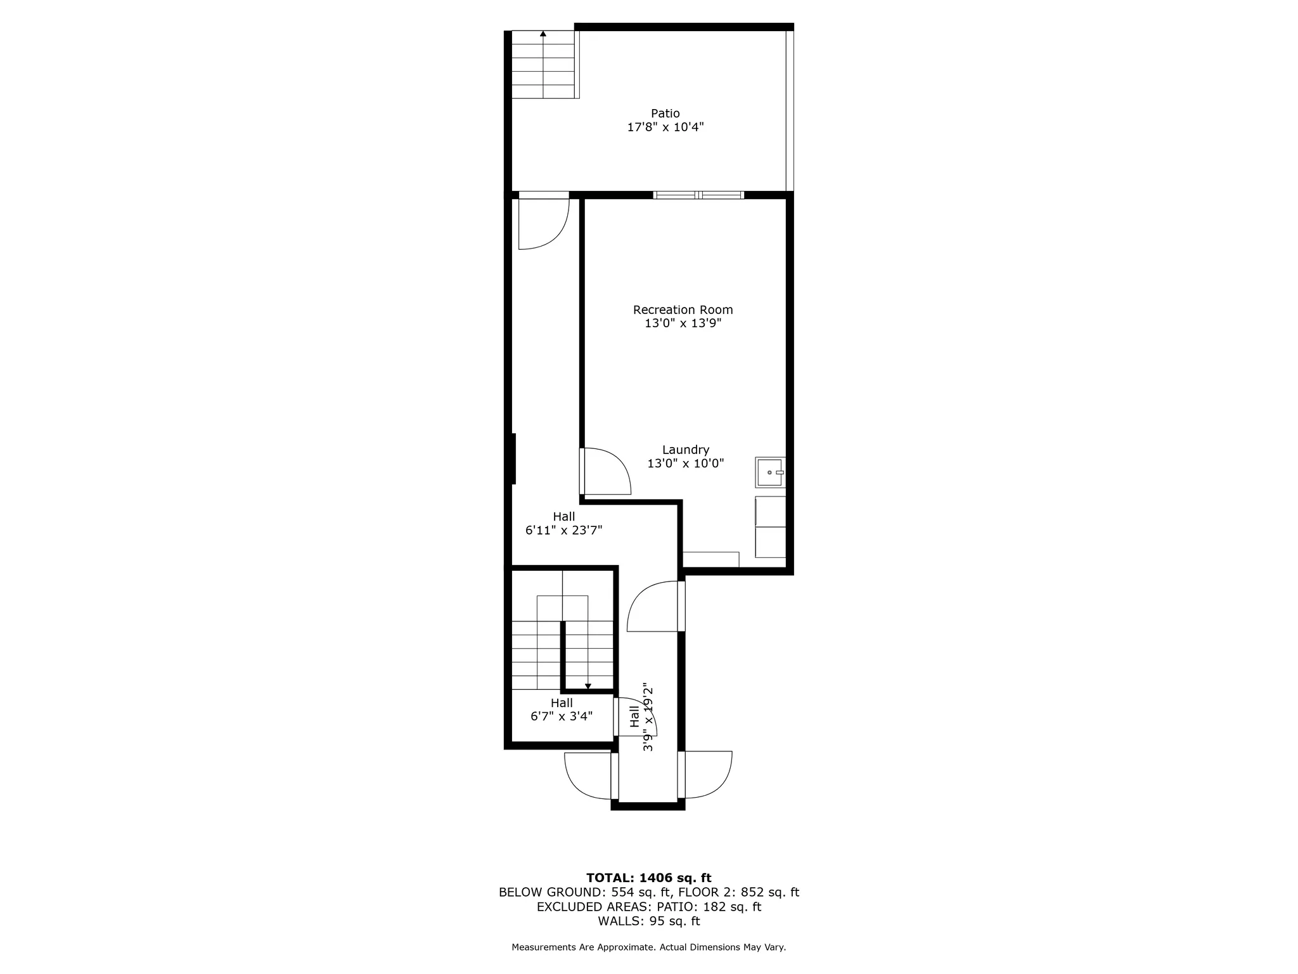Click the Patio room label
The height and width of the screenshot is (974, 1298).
point(665,114)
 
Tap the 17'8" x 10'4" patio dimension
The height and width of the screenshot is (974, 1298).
point(665,127)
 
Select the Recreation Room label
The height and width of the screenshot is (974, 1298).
point(683,310)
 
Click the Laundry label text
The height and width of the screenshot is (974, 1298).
point(685,450)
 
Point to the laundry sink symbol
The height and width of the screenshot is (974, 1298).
point(770,472)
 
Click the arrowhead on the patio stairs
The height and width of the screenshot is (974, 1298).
point(543,34)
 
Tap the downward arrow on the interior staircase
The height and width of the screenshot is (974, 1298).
point(588,686)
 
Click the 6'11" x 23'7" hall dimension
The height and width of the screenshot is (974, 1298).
point(563,531)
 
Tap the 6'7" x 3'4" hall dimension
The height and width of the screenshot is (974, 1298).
point(562,717)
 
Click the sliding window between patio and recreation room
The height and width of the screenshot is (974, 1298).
point(698,195)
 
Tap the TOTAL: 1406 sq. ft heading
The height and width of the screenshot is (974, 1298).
point(648,878)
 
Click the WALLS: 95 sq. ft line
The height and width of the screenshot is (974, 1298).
point(648,921)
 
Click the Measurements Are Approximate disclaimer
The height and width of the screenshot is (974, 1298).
point(648,947)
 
